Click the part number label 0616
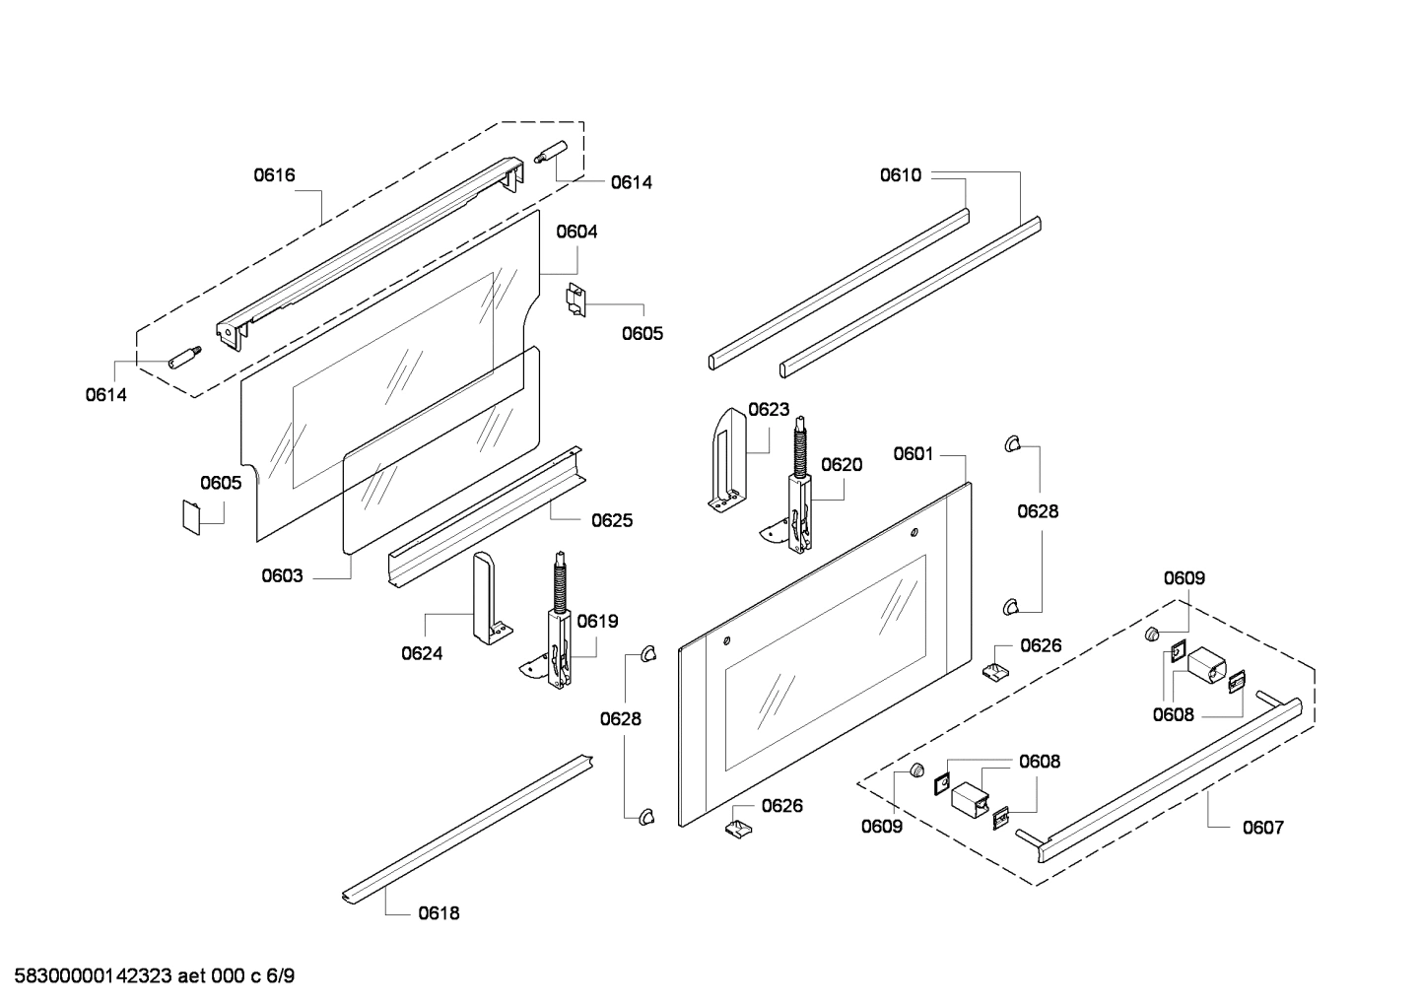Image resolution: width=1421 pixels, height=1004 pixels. [x=274, y=175]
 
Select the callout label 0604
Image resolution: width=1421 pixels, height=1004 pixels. [x=576, y=232]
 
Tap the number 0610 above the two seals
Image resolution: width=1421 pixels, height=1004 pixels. [x=901, y=175]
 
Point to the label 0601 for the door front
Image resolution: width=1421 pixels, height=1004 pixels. [x=913, y=453]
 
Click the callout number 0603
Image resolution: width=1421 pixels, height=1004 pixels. [x=282, y=576]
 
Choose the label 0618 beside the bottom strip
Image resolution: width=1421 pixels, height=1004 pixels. [x=439, y=913]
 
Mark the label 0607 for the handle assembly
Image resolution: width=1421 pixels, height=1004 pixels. [x=1262, y=828]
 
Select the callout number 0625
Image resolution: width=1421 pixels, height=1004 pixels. [x=612, y=520]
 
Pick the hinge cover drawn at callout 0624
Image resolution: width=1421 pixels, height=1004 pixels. [x=487, y=596]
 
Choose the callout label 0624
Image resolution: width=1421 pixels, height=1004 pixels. [x=422, y=652]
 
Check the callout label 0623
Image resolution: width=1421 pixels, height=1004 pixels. [x=769, y=409]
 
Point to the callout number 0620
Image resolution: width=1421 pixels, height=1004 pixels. [x=842, y=465]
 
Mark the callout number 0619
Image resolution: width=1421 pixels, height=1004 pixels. [x=597, y=621]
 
